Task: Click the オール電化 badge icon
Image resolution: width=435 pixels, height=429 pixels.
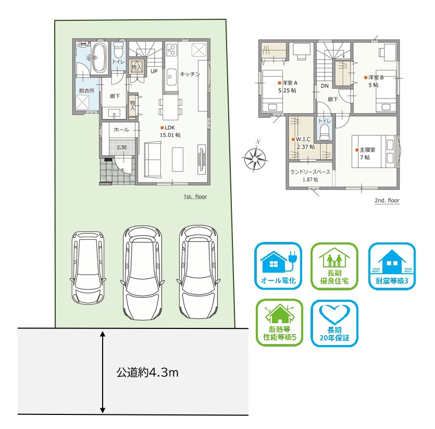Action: (278, 266)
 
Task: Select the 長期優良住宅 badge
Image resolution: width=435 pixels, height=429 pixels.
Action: (334, 266)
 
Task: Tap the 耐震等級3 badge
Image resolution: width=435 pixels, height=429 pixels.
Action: (392, 266)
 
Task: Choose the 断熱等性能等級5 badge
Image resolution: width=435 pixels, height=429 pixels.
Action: (279, 323)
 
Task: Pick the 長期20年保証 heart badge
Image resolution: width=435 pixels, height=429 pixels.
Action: (334, 323)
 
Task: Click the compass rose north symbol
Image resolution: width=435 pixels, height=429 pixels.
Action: (255, 157)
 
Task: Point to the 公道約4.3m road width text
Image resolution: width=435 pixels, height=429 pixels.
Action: (147, 372)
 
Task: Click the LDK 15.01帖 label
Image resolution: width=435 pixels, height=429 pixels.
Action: (170, 131)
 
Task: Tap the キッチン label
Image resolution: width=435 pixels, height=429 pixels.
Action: (190, 74)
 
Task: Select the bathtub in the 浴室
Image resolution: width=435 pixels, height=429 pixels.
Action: (100, 57)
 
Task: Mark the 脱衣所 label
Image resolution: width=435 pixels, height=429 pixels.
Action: (86, 91)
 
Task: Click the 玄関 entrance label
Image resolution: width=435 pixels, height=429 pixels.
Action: (121, 148)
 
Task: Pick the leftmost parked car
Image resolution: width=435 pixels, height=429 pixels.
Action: (88, 268)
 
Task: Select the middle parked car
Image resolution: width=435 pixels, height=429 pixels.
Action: (143, 273)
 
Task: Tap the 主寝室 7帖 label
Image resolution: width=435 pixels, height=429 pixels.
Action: (366, 154)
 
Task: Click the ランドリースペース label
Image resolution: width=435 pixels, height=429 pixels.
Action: (310, 172)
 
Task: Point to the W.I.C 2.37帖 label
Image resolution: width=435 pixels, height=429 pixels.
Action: (303, 143)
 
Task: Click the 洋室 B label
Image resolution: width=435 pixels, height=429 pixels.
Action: (374, 78)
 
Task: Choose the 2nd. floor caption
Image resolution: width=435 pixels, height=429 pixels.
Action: (387, 201)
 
